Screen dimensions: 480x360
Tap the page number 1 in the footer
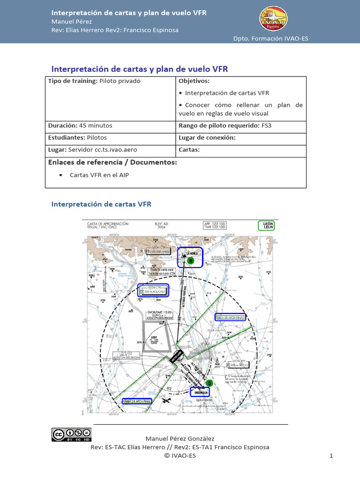point(331,455)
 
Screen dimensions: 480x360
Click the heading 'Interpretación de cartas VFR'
point(101,204)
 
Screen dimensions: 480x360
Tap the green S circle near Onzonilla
point(210,383)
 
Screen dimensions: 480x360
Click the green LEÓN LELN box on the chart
point(266,226)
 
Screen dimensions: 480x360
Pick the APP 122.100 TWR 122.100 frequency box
point(214,225)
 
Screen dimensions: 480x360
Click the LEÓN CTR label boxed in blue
point(153,290)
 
